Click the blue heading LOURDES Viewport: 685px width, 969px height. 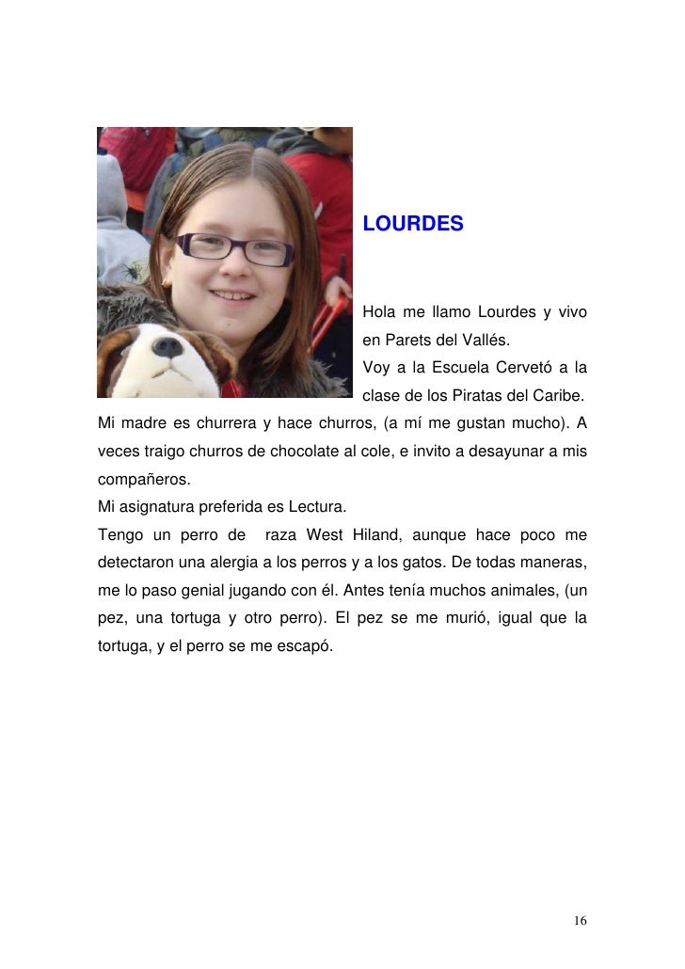pyautogui.click(x=413, y=225)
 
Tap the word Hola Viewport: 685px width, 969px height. pyautogui.click(x=379, y=311)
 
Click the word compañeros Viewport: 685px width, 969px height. pyautogui.click(x=143, y=481)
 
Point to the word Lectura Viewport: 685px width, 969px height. pyautogui.click(x=319, y=508)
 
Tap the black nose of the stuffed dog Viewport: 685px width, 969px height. pyautogui.click(x=167, y=348)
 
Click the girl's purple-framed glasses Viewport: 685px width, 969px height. pyautogui.click(x=235, y=249)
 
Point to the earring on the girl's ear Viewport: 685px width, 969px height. pyautogui.click(x=167, y=280)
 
